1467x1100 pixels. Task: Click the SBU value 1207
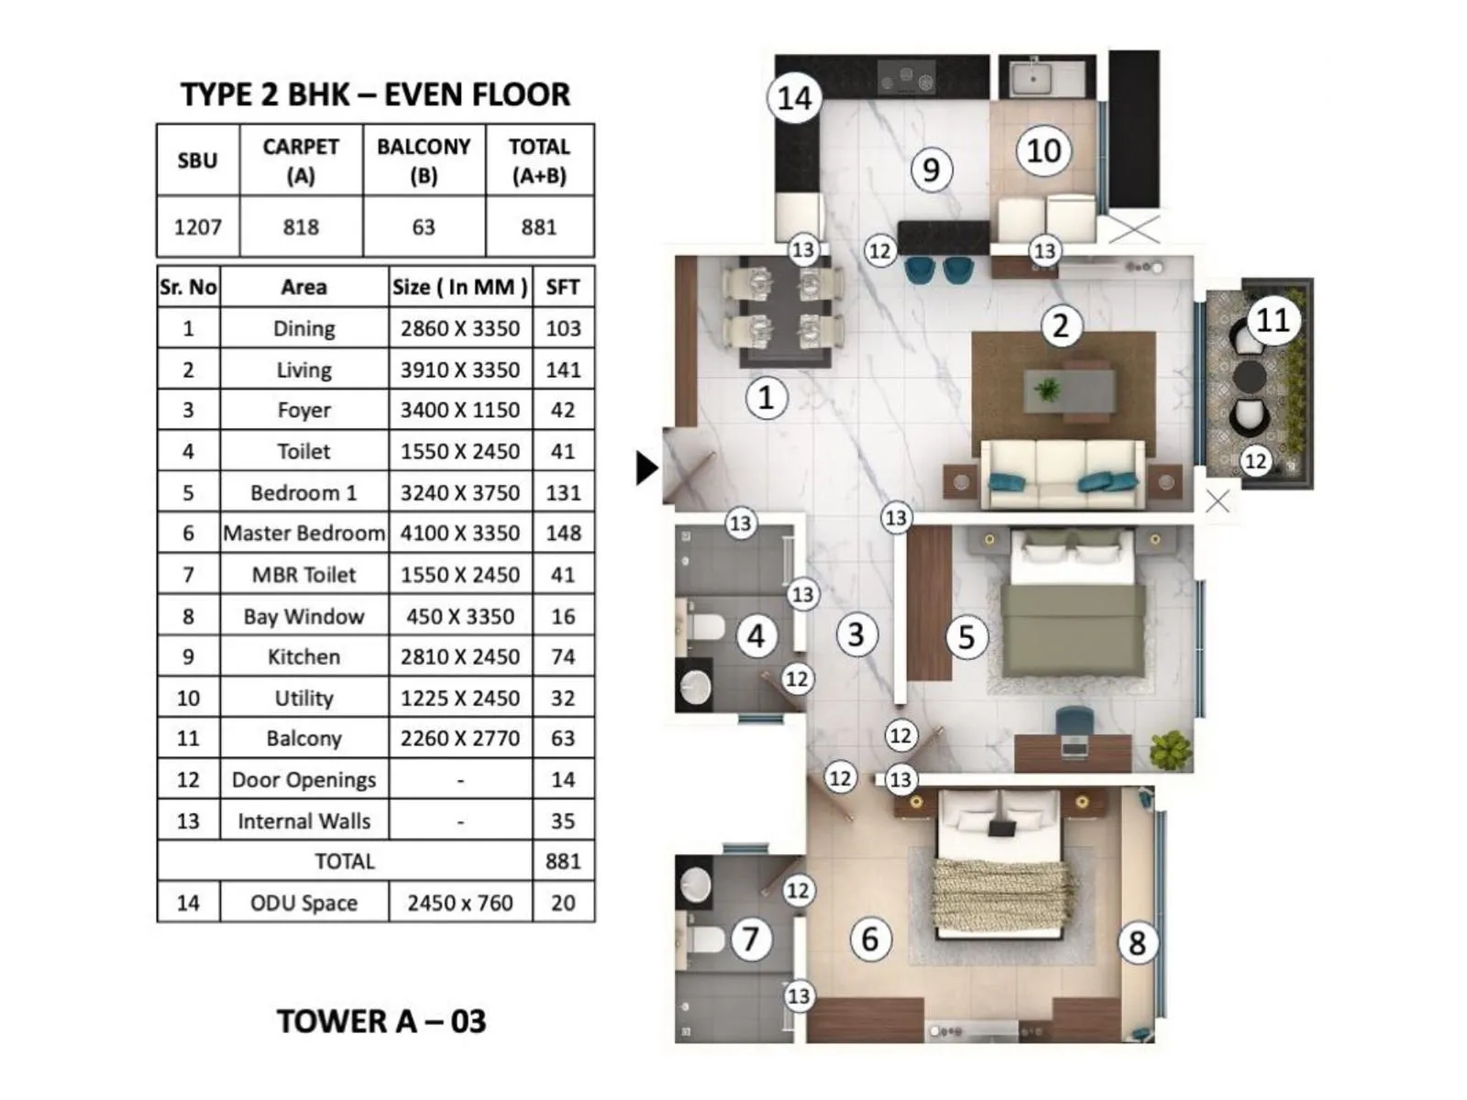pos(197,226)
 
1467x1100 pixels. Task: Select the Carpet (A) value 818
pos(301,226)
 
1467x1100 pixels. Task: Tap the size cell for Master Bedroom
pos(459,533)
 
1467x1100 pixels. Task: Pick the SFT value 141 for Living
pos(562,369)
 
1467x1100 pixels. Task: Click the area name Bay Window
pos(303,616)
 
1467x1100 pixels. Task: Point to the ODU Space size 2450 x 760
pos(459,903)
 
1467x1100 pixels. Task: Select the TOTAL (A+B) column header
pos(539,160)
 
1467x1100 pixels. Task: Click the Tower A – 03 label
pos(381,1021)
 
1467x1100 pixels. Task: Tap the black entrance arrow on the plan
pos(646,467)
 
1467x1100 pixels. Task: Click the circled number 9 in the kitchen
pos(931,170)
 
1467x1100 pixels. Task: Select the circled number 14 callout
pos(794,97)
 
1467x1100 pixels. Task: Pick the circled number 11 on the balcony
pos(1272,320)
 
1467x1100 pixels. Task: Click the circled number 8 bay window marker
pos(1137,942)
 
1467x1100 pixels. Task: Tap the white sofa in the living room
pos(1062,472)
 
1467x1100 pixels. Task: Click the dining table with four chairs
pos(783,312)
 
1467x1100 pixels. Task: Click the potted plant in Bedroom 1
pos(1170,750)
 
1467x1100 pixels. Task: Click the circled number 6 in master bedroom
pos(869,939)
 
